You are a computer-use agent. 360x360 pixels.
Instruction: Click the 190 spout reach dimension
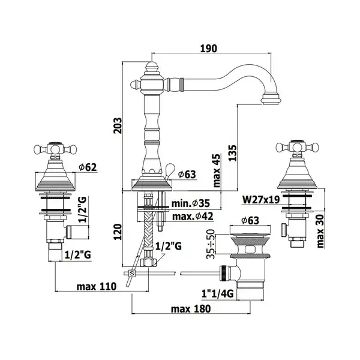click(208, 49)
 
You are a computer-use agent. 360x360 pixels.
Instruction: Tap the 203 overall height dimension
click(118, 125)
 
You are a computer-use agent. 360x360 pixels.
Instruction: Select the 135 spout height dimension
click(232, 153)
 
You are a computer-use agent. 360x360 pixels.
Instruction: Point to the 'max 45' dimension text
click(216, 170)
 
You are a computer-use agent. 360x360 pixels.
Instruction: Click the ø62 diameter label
click(88, 167)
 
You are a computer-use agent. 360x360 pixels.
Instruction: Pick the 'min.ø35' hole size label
click(191, 203)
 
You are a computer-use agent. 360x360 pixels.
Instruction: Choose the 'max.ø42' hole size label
click(193, 216)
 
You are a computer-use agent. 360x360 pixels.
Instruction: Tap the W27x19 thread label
click(261, 200)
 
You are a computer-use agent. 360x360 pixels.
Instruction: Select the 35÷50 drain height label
click(211, 244)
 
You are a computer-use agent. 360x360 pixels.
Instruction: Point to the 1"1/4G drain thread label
click(217, 293)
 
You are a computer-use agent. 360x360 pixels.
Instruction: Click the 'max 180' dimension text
click(191, 309)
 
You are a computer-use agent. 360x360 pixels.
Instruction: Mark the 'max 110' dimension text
click(97, 287)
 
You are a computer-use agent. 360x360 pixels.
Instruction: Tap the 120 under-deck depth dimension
click(118, 232)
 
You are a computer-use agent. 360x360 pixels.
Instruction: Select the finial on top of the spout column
click(152, 67)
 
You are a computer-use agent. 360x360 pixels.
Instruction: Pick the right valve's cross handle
click(298, 147)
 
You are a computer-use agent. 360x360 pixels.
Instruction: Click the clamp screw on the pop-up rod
click(132, 273)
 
